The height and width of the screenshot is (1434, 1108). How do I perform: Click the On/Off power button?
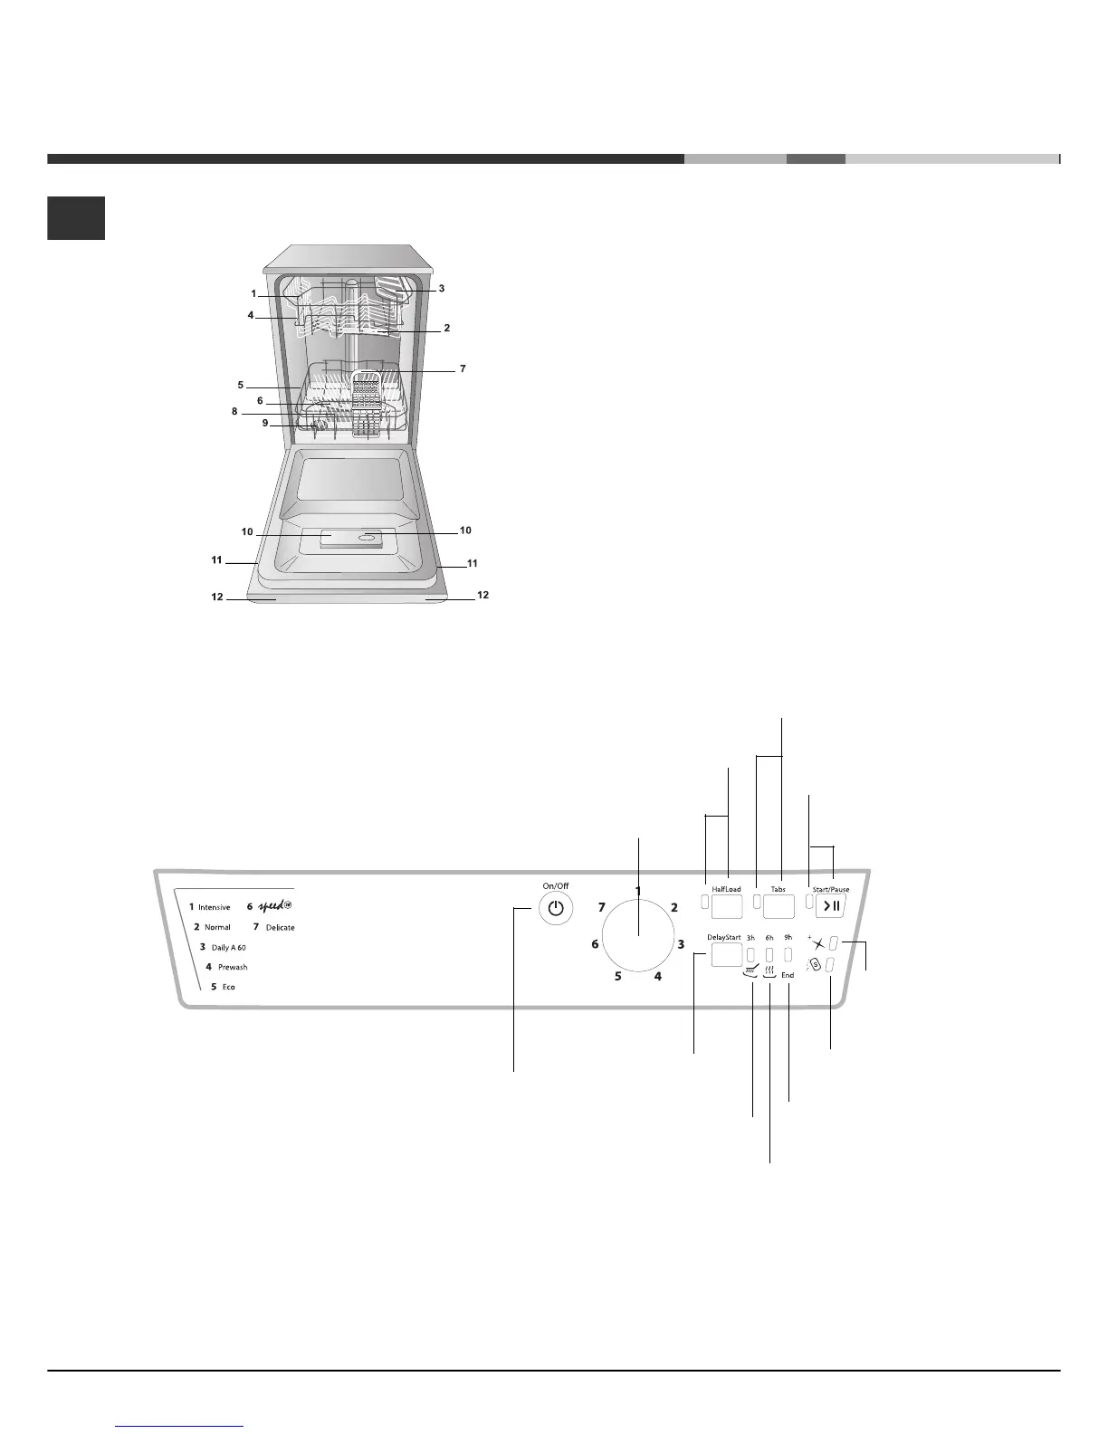(x=556, y=909)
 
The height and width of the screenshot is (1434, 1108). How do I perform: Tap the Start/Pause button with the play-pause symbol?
(x=830, y=906)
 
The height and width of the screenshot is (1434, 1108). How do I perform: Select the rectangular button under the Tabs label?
(x=778, y=907)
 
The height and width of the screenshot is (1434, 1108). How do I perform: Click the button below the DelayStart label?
(x=727, y=955)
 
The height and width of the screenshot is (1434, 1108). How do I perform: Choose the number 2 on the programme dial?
(x=673, y=907)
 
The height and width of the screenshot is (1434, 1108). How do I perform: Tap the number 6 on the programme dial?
(x=595, y=944)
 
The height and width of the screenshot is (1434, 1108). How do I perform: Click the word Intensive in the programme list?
(x=215, y=907)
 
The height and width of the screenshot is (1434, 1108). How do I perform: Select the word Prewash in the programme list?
(x=233, y=967)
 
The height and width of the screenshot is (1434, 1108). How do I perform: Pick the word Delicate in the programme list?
(x=281, y=927)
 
